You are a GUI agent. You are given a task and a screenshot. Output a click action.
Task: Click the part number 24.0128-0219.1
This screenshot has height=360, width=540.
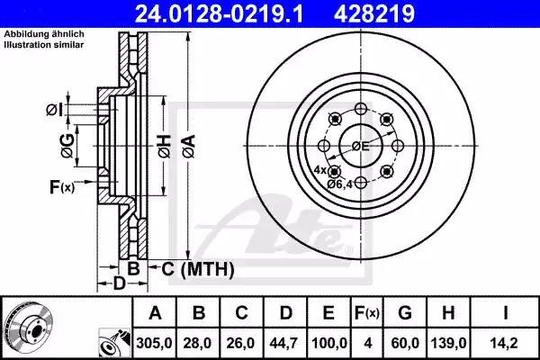tap(219, 13)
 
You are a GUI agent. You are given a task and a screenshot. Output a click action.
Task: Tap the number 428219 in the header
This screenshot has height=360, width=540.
tap(374, 13)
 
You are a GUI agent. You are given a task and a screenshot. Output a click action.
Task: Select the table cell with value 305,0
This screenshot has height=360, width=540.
tap(154, 343)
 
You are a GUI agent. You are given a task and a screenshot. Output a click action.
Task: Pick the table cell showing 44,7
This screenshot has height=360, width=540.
tap(284, 343)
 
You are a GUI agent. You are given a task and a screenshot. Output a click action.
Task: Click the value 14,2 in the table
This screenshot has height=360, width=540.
tap(505, 343)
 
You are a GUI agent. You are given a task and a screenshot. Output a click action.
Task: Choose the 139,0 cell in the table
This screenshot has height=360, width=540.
tap(448, 343)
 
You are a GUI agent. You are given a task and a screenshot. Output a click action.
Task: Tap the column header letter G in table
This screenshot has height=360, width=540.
tap(405, 313)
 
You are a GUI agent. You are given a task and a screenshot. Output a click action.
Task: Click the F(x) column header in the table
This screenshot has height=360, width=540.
tap(367, 313)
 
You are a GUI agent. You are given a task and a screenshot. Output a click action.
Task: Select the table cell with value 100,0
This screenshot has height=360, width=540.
tap(328, 343)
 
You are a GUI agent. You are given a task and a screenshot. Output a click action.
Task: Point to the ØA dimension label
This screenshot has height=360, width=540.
tap(189, 146)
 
